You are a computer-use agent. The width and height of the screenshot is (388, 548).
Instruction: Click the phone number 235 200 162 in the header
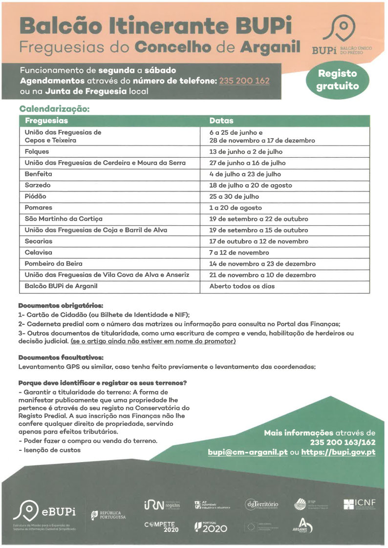coord(244,81)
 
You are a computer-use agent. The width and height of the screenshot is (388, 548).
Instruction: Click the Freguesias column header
coord(46,121)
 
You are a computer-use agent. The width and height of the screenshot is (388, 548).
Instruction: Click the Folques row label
coord(37,151)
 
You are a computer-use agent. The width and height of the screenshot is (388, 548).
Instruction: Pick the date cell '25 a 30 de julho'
coord(235,196)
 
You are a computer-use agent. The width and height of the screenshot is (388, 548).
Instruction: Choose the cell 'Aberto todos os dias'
coord(242,286)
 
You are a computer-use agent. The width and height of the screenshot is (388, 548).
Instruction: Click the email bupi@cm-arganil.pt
coord(247,452)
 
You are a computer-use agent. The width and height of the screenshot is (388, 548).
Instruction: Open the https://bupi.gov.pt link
coord(338,452)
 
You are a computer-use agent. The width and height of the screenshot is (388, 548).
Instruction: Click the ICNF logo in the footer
coord(360,503)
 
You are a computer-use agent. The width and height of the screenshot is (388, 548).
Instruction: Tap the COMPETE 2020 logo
coord(161,527)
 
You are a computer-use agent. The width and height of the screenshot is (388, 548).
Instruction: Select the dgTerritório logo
coord(262,504)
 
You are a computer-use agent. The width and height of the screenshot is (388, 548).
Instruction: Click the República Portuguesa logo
coord(108,515)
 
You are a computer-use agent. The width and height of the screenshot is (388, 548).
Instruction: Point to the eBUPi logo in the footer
coord(45,511)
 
